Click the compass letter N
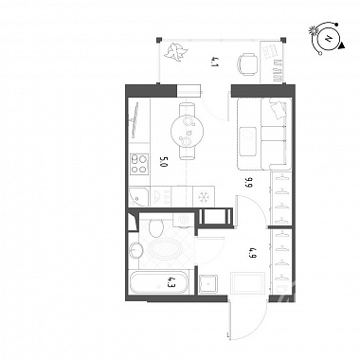[x=329, y=40]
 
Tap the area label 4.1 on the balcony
[x=215, y=62]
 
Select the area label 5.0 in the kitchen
[x=164, y=162]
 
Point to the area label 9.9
[x=248, y=182]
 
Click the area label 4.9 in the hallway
[x=252, y=253]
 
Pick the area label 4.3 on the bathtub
[x=171, y=281]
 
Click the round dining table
[x=187, y=131]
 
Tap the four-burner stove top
[x=139, y=164]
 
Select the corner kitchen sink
[x=138, y=196]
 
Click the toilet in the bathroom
[x=155, y=227]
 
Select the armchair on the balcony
[x=247, y=64]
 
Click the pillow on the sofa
[x=277, y=109]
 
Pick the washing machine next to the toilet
[x=183, y=220]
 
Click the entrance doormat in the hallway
[x=247, y=282]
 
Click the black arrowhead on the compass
[x=342, y=46]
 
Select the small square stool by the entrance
[x=208, y=284]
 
